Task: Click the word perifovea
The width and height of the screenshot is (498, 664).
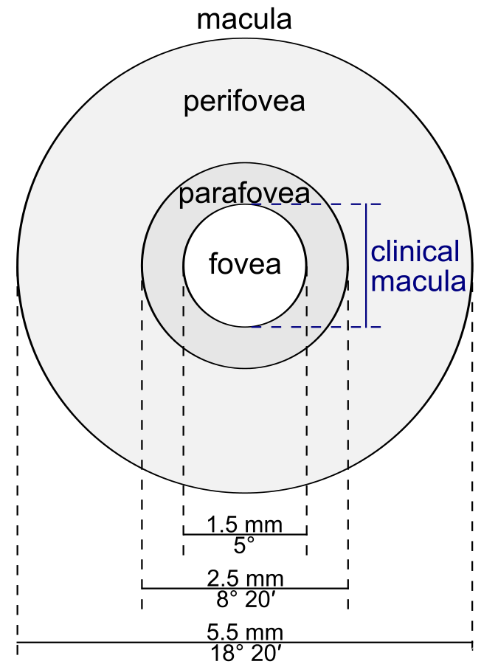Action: [x=244, y=102]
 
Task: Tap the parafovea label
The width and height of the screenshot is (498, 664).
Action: [x=244, y=194]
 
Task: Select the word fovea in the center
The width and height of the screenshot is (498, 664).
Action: [x=245, y=263]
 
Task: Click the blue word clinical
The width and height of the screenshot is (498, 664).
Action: [x=415, y=252]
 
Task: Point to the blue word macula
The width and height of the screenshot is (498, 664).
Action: [x=418, y=281]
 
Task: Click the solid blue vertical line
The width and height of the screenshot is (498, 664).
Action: [x=366, y=266]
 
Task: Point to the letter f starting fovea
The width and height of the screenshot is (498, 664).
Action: [x=213, y=263]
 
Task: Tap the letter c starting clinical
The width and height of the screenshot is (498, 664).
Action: [x=377, y=253]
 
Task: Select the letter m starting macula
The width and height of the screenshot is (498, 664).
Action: [x=381, y=283]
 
